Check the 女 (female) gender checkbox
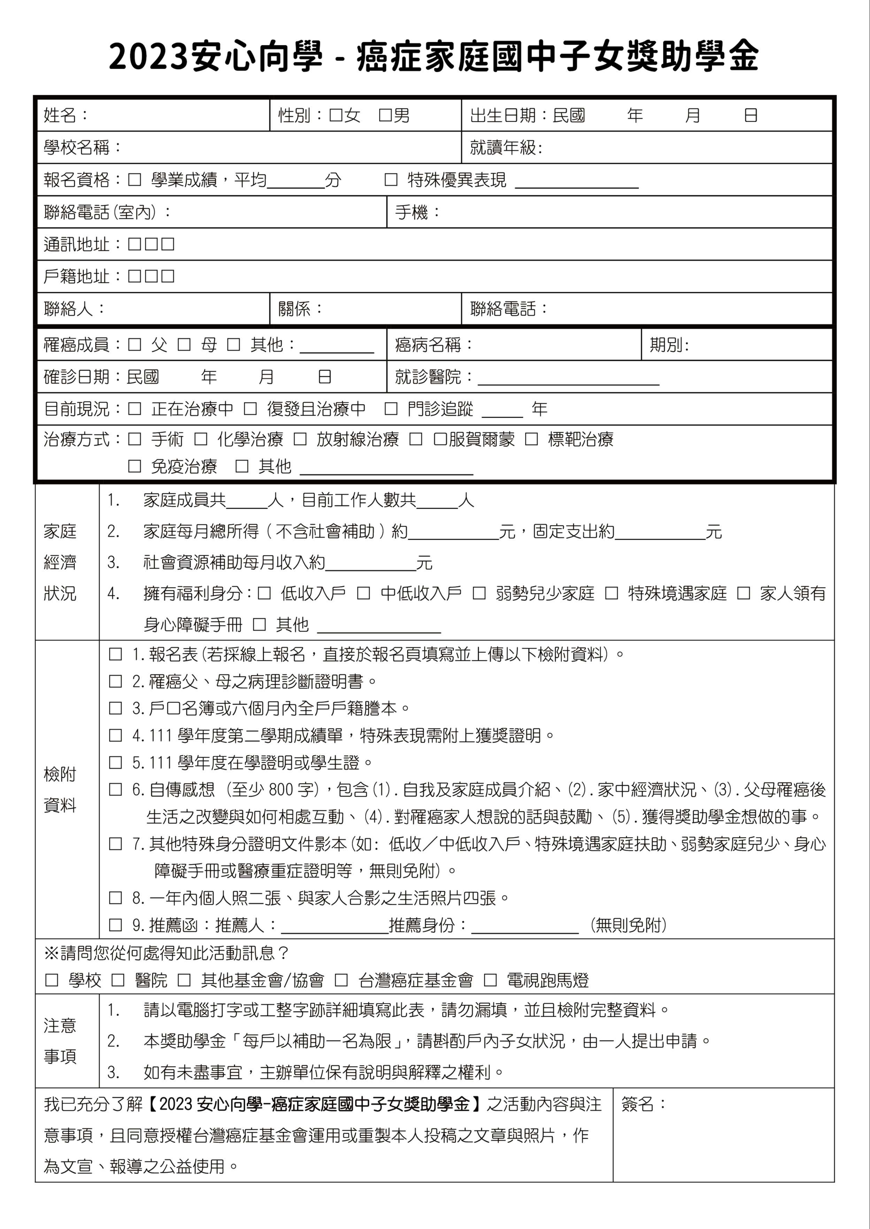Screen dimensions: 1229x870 pos(336,115)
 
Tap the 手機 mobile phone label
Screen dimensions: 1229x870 pos(412,212)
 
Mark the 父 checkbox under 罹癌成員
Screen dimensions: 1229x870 pos(134,344)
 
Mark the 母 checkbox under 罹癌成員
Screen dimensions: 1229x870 pos(184,344)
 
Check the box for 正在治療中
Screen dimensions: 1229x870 pos(134,409)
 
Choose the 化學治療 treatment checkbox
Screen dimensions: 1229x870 pos(201,440)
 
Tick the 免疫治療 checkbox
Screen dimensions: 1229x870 pos(134,466)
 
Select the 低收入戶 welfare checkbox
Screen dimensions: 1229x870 pos(264,593)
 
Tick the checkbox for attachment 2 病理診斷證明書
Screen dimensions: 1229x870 pos(116,681)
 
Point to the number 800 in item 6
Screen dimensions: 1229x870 pos(281,789)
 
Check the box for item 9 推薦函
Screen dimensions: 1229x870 pos(116,925)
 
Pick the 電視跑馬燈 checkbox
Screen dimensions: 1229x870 pos(490,980)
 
